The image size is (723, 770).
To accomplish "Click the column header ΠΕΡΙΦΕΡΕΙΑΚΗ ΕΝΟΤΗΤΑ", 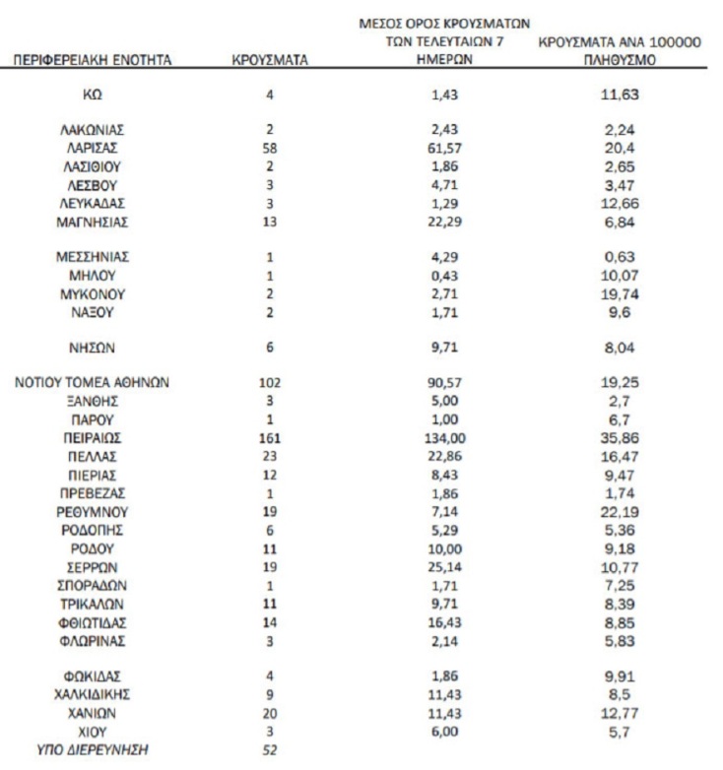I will [94, 60].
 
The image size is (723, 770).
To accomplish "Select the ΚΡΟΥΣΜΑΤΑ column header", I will [270, 60].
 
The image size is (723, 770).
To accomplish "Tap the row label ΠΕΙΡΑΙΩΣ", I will [94, 437].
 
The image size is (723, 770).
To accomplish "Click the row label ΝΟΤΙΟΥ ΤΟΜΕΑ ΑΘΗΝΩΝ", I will [94, 382].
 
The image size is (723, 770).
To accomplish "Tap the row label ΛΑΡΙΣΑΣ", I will [94, 148].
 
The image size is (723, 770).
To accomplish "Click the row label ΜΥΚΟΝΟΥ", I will [94, 293].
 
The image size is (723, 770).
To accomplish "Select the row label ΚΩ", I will [94, 95].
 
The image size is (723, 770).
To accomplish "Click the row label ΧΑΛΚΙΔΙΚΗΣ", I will [94, 695].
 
